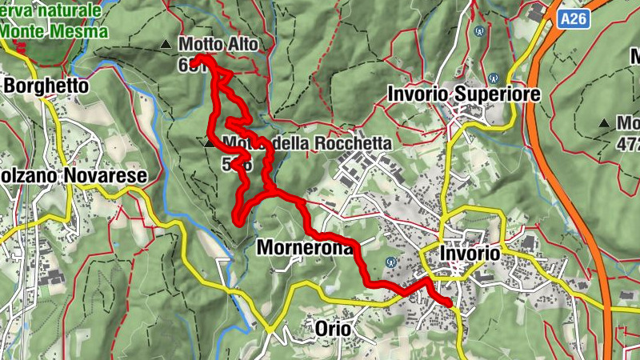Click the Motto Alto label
coord(218,45)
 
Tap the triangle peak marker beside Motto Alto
coord(166,45)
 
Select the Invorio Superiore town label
coord(463,94)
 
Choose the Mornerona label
coord(304,248)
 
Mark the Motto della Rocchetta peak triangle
coord(211,144)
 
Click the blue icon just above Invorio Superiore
coord(494,79)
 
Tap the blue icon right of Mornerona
coord(391,261)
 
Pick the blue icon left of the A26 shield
coord(480,32)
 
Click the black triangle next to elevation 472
coord(603,124)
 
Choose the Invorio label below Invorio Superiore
coord(470,253)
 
